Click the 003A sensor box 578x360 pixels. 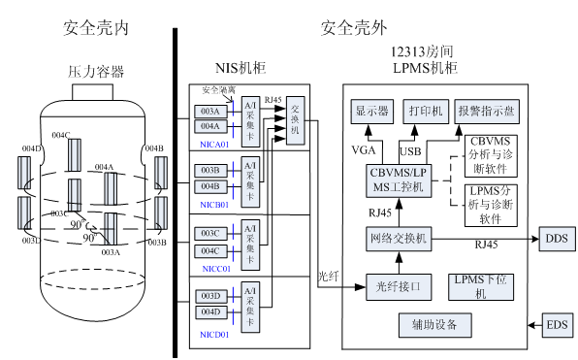[210, 112]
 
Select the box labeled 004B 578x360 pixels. [210, 186]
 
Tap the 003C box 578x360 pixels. [210, 234]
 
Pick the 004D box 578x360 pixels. [210, 311]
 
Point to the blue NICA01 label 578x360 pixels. [214, 145]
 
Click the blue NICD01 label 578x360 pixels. [214, 335]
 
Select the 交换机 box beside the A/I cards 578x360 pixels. [296, 118]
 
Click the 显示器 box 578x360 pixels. [371, 112]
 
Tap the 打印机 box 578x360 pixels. [426, 112]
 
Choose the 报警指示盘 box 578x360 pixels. [487, 112]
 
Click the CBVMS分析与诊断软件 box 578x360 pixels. [491, 155]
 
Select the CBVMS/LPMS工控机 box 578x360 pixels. [397, 180]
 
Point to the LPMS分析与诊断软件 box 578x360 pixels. [491, 205]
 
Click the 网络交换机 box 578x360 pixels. [399, 239]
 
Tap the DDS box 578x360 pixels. [557, 239]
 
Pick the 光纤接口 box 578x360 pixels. [399, 286]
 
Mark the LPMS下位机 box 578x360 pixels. [482, 286]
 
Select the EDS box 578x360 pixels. [557, 324]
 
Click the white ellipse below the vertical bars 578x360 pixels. [93, 279]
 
